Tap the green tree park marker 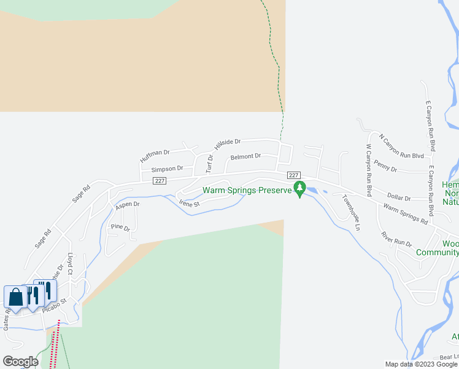[x=299, y=188]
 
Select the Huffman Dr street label [x=154, y=156]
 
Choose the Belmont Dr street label [x=245, y=157]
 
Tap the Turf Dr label [x=209, y=164]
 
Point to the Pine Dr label [x=120, y=228]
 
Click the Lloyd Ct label [x=71, y=263]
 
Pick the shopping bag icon [x=15, y=297]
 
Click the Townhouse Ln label [x=351, y=213]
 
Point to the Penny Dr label [x=385, y=167]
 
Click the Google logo [x=20, y=362]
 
